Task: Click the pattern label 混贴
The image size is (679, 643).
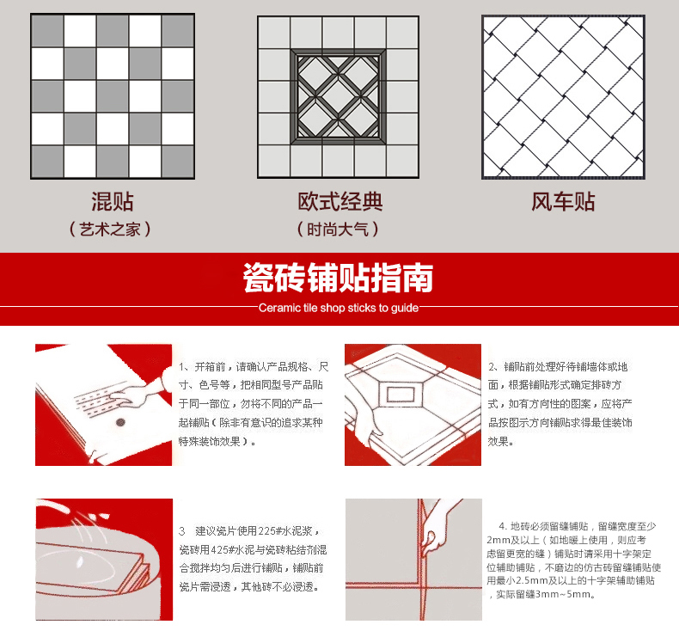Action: click(112, 201)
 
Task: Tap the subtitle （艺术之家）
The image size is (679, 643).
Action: click(110, 229)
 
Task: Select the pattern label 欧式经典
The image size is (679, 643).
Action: click(340, 201)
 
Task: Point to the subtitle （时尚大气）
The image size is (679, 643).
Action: click(338, 229)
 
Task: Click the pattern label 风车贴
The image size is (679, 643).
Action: click(563, 201)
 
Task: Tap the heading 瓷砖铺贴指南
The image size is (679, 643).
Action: click(338, 278)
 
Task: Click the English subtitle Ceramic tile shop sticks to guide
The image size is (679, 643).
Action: click(339, 308)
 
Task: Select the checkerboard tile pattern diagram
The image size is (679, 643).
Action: click(113, 96)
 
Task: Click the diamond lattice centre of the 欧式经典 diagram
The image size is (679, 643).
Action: click(338, 96)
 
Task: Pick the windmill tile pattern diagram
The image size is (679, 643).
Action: click(563, 96)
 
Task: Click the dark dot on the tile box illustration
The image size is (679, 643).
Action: click(120, 422)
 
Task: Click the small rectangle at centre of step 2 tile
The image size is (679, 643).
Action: click(401, 394)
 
